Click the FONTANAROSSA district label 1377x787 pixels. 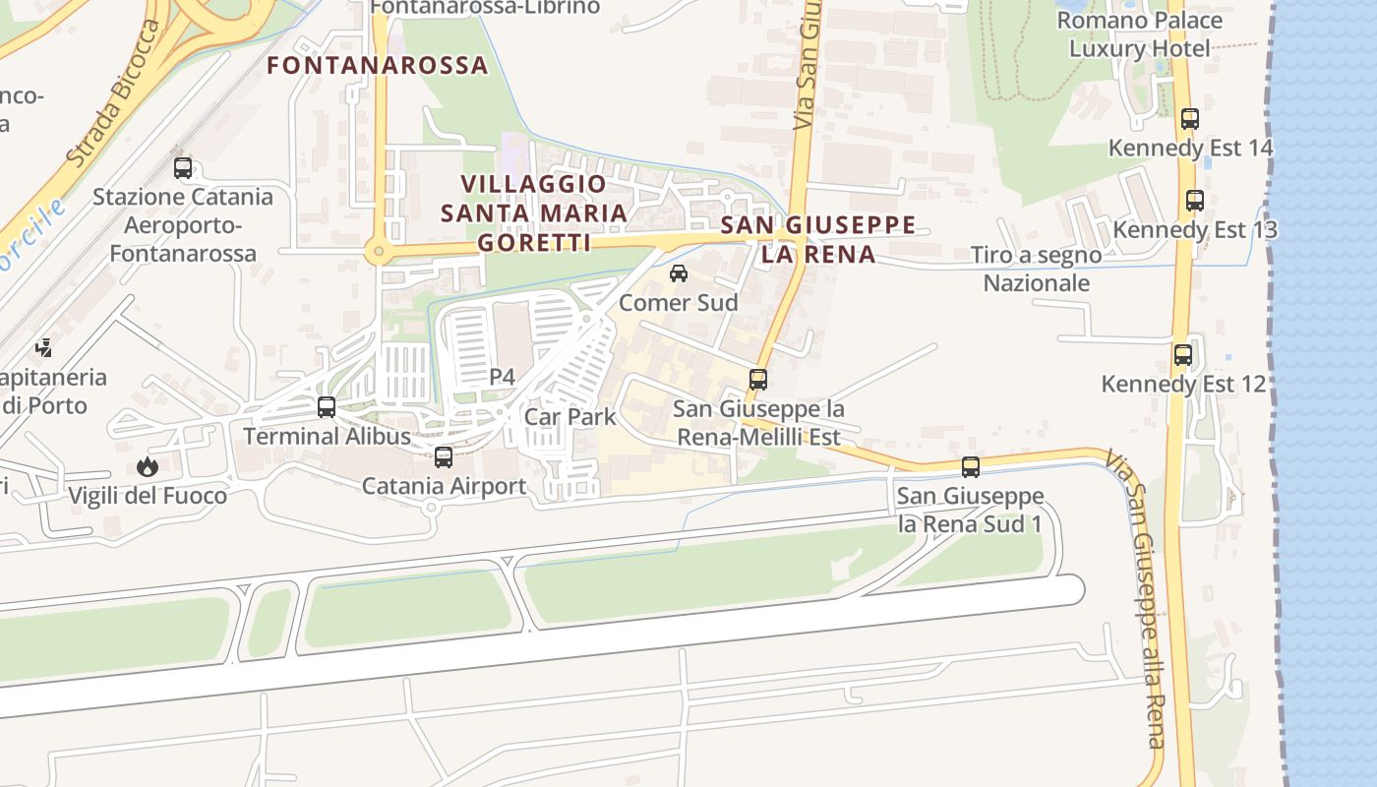pyautogui.click(x=378, y=65)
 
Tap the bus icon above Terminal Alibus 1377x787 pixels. pyautogui.click(x=327, y=406)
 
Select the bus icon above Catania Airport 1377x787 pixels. pyautogui.click(x=444, y=456)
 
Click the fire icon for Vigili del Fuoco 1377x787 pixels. pyautogui.click(x=148, y=466)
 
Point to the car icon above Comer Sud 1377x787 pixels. pyautogui.click(x=679, y=273)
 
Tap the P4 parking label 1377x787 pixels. pyautogui.click(x=502, y=377)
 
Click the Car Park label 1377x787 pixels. pyautogui.click(x=570, y=416)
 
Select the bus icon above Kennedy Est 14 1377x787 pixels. pyautogui.click(x=1190, y=119)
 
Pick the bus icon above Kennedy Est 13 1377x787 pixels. pyautogui.click(x=1195, y=201)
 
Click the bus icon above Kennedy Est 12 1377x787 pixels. pyautogui.click(x=1183, y=354)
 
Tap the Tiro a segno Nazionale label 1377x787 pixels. pyautogui.click(x=1037, y=269)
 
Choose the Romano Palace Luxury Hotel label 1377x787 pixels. pyautogui.click(x=1140, y=34)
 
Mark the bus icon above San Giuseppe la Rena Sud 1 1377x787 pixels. pyautogui.click(x=971, y=467)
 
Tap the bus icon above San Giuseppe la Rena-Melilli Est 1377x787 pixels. pyautogui.click(x=757, y=379)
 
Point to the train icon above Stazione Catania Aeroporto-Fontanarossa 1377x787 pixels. pyautogui.click(x=183, y=167)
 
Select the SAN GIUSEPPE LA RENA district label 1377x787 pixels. pyautogui.click(x=818, y=239)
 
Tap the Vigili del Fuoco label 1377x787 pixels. pyautogui.click(x=148, y=495)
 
